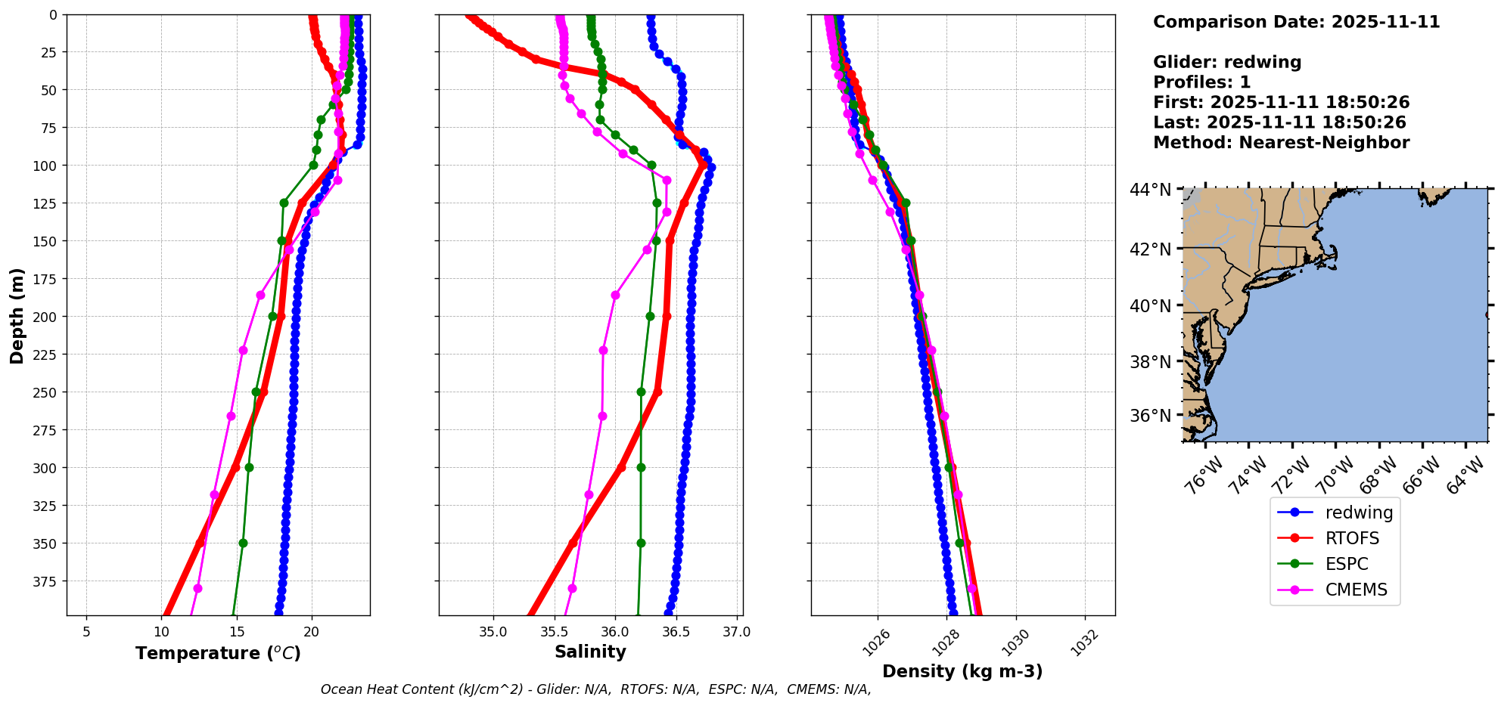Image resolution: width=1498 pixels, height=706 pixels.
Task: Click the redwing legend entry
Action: coord(1358,512)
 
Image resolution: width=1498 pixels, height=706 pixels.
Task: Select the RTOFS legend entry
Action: coord(1351,538)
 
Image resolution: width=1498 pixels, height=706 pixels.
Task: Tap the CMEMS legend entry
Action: coord(1356,590)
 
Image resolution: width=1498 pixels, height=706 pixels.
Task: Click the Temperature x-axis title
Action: coord(218,653)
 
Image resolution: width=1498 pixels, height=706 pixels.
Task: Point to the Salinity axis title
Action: coord(590,652)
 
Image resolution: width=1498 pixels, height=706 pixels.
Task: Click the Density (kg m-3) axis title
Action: coord(962,671)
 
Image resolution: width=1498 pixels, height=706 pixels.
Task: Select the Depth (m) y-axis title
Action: coord(17,315)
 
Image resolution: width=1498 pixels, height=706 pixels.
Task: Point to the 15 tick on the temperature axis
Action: coord(237,632)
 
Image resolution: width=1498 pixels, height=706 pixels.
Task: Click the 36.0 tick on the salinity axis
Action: coord(614,632)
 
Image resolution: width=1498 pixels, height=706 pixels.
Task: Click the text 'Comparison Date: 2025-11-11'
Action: coord(1296,22)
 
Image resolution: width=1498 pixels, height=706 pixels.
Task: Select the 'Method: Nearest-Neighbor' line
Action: coord(1281,143)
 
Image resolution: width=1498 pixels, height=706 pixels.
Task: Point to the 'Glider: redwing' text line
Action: coord(1227,62)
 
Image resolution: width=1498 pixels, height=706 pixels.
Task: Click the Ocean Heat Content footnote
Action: coord(595,689)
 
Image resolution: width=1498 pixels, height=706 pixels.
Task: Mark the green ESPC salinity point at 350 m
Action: coord(641,543)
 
